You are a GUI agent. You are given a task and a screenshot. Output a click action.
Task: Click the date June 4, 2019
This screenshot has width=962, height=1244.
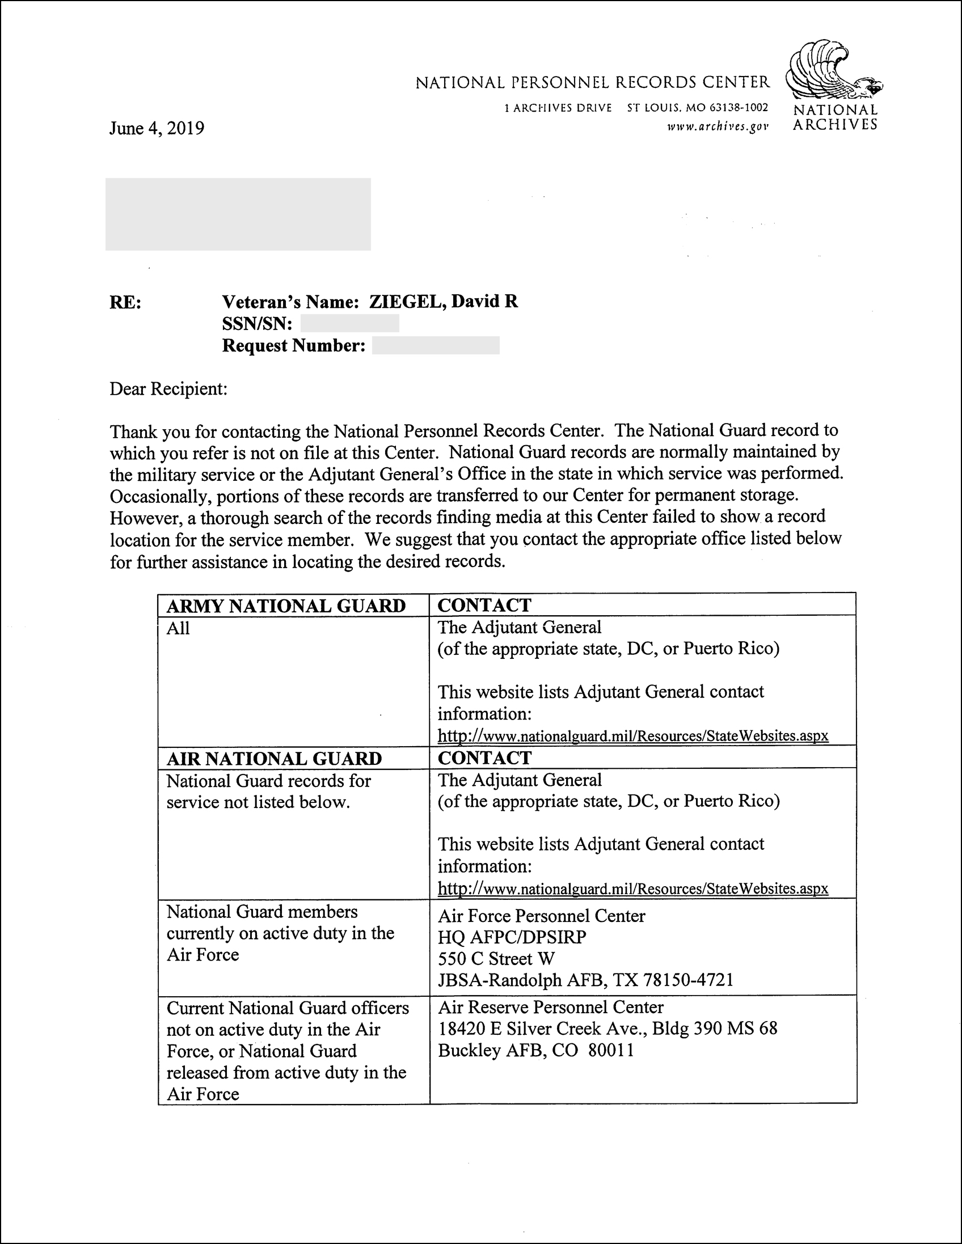(156, 128)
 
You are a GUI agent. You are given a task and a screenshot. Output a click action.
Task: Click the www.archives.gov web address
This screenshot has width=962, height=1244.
(718, 126)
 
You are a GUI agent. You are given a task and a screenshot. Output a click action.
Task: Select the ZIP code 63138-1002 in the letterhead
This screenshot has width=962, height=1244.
(739, 108)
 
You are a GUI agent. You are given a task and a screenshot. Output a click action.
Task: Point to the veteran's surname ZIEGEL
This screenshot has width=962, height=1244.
(406, 301)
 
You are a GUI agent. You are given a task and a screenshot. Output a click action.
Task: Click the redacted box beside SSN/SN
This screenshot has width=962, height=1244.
(349, 324)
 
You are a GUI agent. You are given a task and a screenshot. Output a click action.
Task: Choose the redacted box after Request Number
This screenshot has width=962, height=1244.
(436, 346)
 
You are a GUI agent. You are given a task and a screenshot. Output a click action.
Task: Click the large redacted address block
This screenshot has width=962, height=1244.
(238, 214)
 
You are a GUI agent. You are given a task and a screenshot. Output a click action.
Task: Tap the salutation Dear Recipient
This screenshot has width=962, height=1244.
(168, 390)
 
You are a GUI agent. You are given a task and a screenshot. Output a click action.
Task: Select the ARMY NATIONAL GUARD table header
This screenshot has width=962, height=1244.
(285, 606)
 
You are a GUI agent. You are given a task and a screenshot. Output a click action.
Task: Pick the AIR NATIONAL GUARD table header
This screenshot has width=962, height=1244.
(273, 759)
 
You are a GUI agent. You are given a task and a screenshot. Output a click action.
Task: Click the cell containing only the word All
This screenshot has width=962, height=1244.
(178, 629)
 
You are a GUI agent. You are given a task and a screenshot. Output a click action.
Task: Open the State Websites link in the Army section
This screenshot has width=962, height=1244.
(632, 735)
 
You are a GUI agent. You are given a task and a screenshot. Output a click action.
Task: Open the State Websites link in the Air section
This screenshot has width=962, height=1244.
(632, 888)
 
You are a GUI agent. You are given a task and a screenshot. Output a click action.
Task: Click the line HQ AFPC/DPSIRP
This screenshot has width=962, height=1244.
(512, 937)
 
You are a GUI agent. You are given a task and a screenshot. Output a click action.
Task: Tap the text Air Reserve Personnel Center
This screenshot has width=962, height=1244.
(551, 1007)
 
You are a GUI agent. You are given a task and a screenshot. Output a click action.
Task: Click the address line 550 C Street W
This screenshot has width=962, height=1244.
(496, 959)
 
